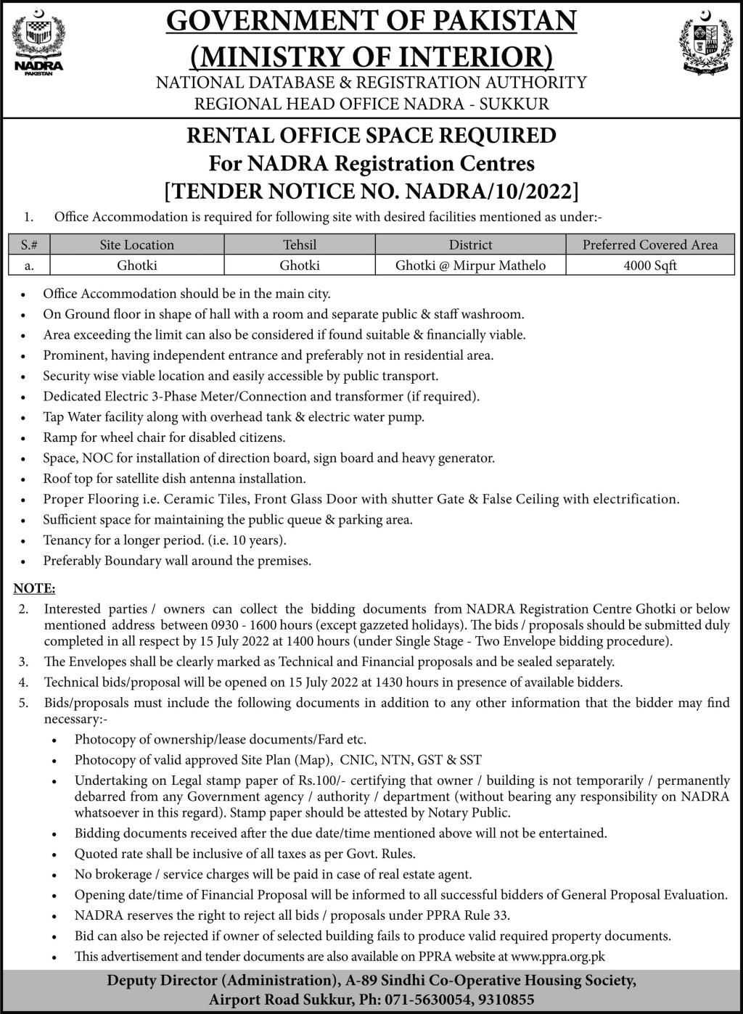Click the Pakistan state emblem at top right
[x=702, y=44]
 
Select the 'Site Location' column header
[x=137, y=245]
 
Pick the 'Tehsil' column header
[x=300, y=245]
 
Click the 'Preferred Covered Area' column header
[x=649, y=245]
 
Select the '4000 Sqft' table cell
[x=649, y=265]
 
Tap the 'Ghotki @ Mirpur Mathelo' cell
[x=470, y=265]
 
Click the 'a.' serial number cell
[x=29, y=265]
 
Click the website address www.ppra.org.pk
[x=559, y=957]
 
